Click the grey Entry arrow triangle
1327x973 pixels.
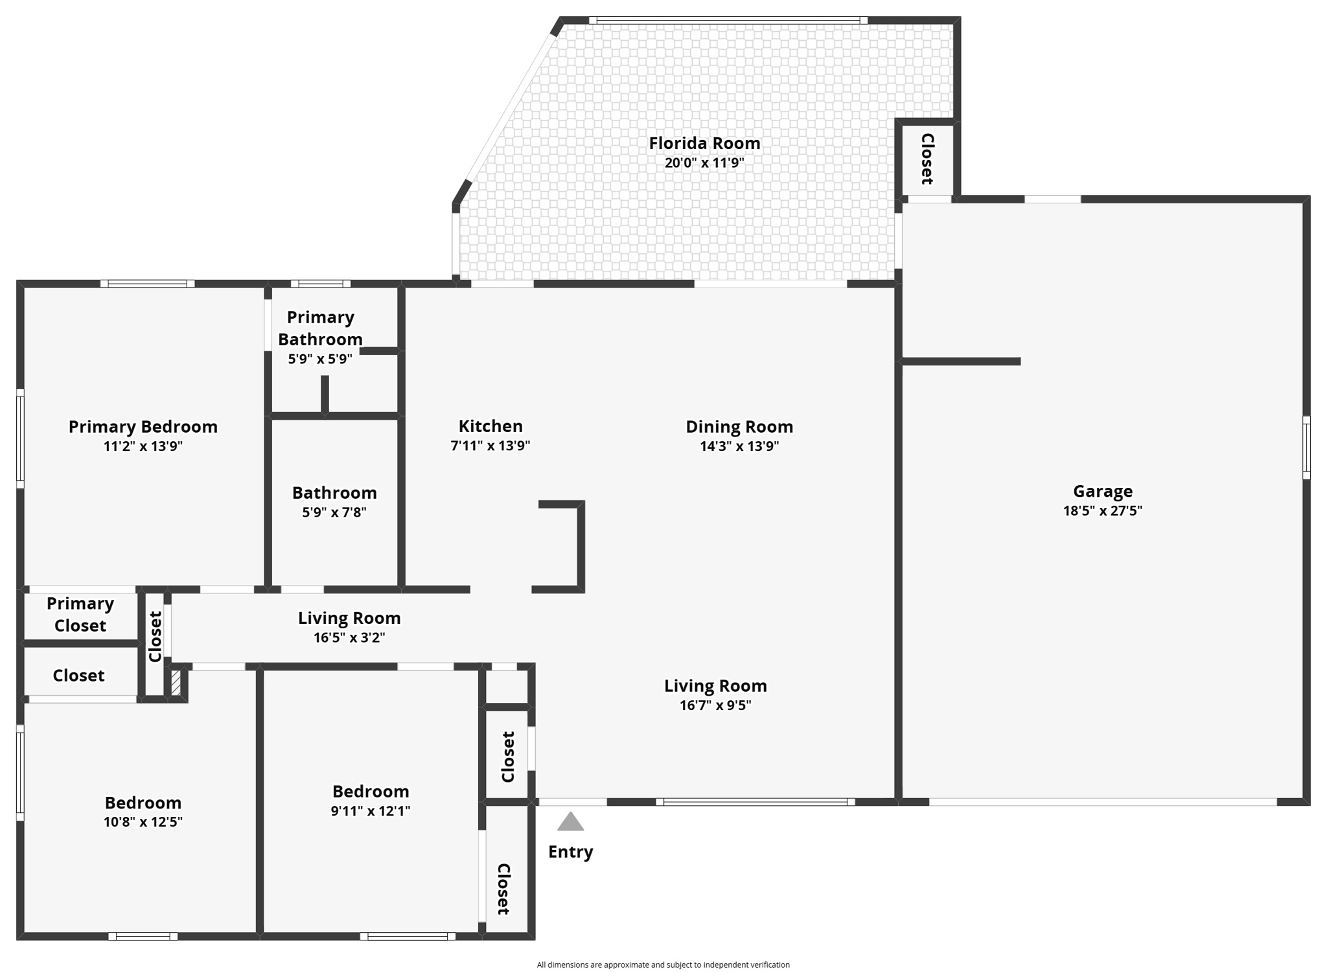570,822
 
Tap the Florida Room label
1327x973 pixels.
704,143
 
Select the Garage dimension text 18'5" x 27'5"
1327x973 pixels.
1102,510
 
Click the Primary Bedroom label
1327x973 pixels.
143,427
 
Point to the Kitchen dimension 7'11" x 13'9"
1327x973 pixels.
490,446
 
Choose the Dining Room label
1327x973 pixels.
739,427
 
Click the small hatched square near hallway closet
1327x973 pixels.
176,683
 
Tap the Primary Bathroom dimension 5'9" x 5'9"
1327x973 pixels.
320,359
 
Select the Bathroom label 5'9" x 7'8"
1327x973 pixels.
334,493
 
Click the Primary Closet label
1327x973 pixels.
80,614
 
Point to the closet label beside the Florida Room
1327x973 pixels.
927,159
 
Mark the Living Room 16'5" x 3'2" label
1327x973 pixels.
349,618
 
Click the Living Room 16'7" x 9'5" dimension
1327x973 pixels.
715,705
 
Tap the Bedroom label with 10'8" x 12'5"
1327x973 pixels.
143,803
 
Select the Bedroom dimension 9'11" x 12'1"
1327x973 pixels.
370,811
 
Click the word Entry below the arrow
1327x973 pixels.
570,852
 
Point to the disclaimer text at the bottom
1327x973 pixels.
663,965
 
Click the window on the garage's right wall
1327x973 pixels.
1306,448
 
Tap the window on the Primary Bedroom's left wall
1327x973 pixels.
20,439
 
